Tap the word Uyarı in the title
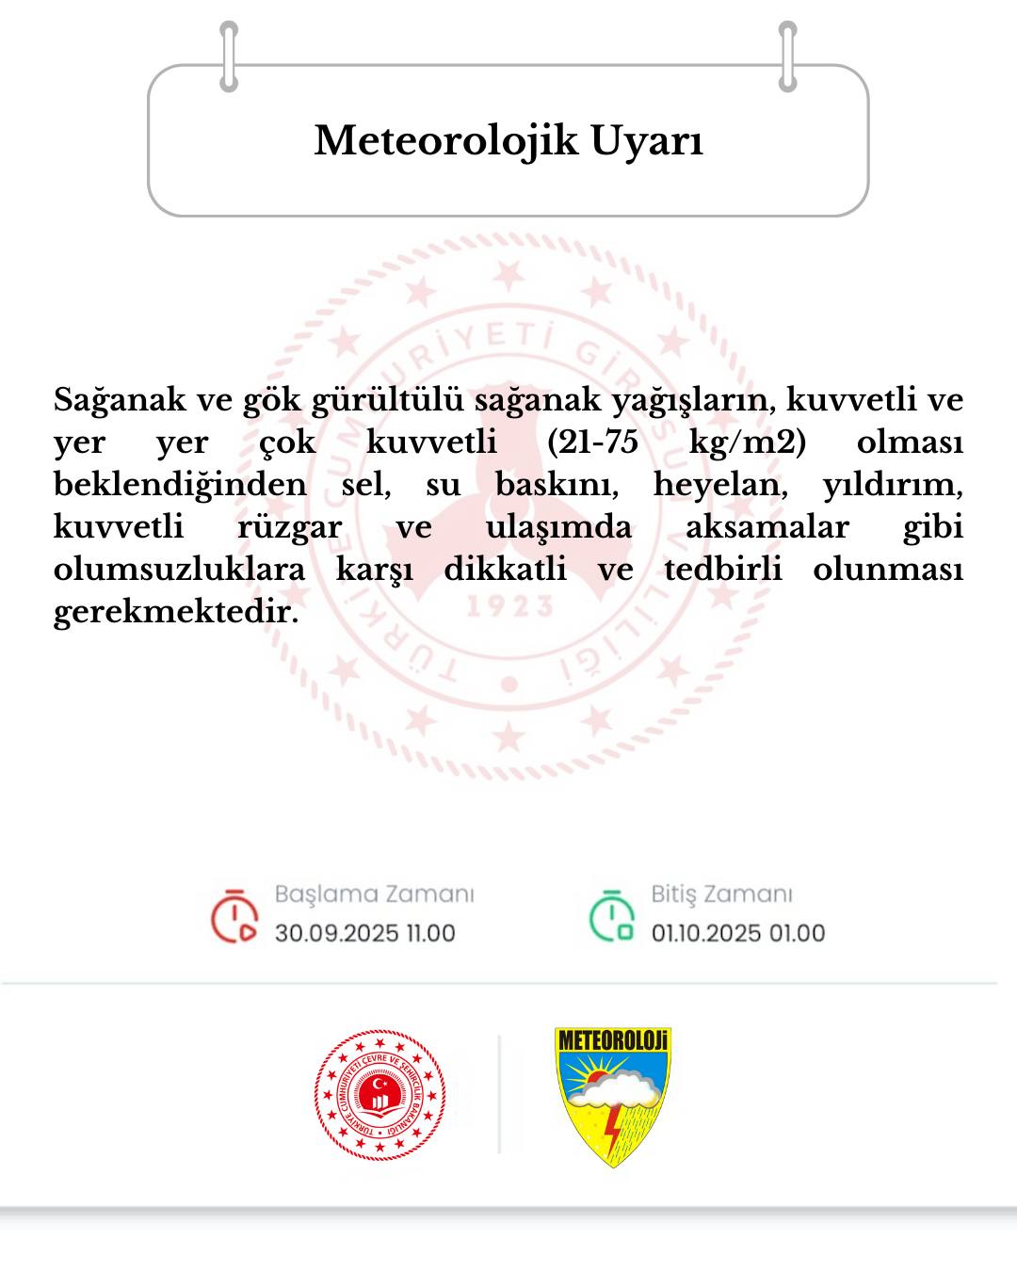pyautogui.click(x=647, y=140)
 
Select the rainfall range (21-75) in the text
pyautogui.click(x=592, y=442)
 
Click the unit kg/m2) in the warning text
pyautogui.click(x=747, y=442)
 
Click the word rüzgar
pyautogui.click(x=289, y=526)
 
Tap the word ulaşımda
pyautogui.click(x=558, y=526)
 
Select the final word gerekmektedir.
pyautogui.click(x=176, y=611)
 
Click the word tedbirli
pyautogui.click(x=723, y=569)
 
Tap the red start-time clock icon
pyautogui.click(x=234, y=915)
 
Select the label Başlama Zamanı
pyautogui.click(x=374, y=893)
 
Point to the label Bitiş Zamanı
pyautogui.click(x=721, y=893)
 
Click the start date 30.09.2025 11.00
pyautogui.click(x=365, y=933)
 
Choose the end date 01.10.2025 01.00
pyautogui.click(x=738, y=933)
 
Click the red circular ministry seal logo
pyautogui.click(x=379, y=1095)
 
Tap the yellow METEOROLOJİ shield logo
pyautogui.click(x=613, y=1096)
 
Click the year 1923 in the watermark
pyautogui.click(x=509, y=606)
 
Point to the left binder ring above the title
pyautogui.click(x=229, y=56)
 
